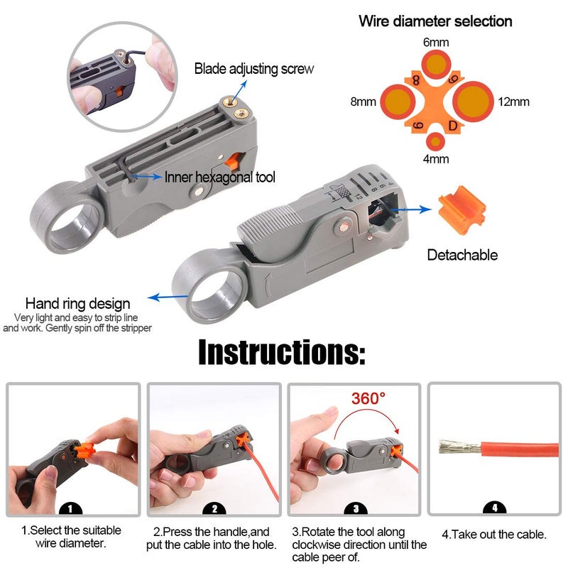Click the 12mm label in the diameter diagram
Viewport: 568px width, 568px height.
[513, 102]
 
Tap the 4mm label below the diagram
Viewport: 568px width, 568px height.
[436, 159]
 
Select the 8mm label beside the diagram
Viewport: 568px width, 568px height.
[362, 102]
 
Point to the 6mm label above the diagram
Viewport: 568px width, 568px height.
[435, 43]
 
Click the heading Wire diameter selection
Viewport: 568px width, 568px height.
[435, 21]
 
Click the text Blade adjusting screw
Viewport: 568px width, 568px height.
[254, 69]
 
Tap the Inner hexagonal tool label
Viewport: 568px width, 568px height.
[220, 177]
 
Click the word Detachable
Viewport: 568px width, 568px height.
[462, 255]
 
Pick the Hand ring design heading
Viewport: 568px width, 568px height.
[78, 304]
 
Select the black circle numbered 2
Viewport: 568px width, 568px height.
[214, 508]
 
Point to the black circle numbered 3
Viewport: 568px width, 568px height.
[355, 508]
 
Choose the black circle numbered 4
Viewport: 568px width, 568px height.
[494, 508]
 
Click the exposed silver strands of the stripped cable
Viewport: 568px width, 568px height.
[459, 447]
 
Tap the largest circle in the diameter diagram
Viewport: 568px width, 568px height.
[473, 102]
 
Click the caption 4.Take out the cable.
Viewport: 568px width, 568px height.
[495, 534]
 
